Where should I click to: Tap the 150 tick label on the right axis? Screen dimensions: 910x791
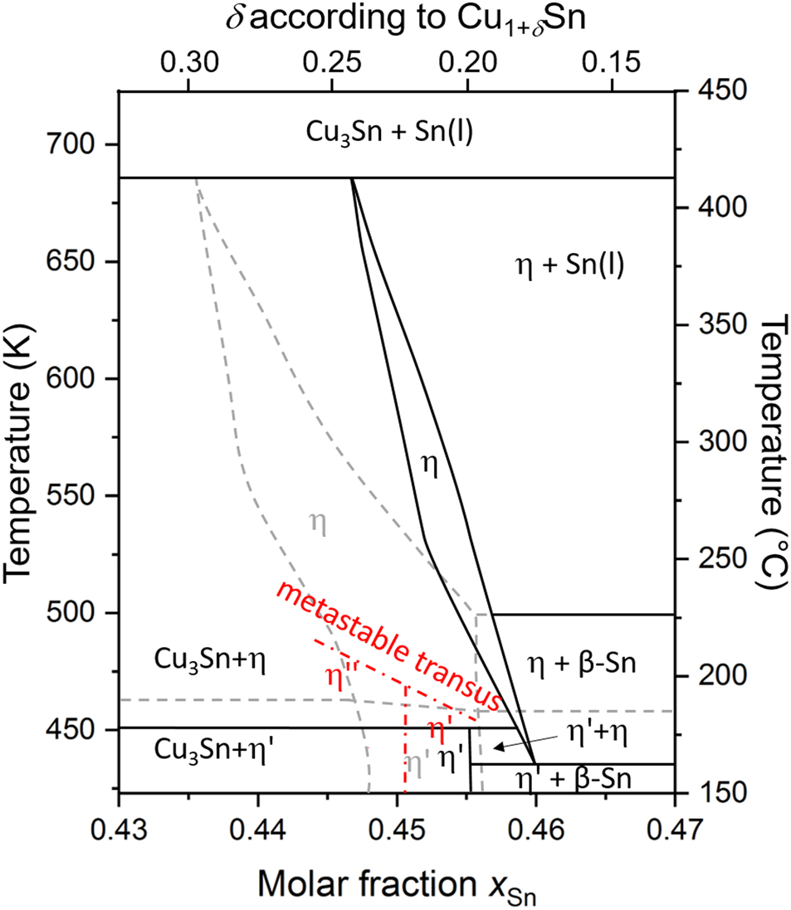pos(715,792)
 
